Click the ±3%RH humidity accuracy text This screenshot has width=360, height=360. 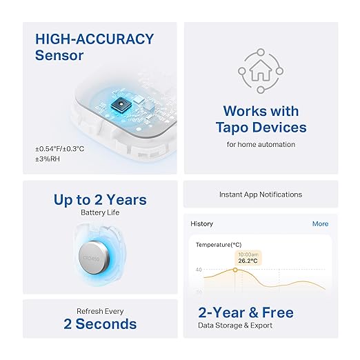click(48, 160)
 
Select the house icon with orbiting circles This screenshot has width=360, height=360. click(261, 70)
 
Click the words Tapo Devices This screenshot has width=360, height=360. click(261, 128)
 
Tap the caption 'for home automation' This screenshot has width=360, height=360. click(261, 144)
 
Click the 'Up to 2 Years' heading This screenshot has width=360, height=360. click(100, 200)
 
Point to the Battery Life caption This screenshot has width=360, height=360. click(100, 212)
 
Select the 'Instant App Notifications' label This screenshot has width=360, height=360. click(261, 194)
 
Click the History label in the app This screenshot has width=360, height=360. click(201, 224)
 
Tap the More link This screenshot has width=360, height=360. click(320, 224)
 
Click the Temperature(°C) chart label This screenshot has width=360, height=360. click(219, 245)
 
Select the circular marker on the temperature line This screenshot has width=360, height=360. click(235, 270)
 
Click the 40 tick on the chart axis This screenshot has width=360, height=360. click(199, 270)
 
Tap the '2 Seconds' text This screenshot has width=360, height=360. click(100, 324)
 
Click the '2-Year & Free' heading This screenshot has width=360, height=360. click(246, 312)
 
